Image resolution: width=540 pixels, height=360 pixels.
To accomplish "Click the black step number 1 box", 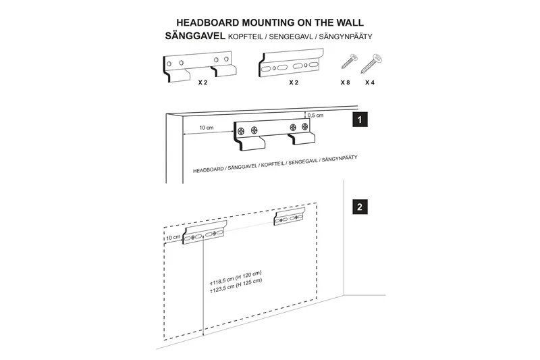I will [361, 121].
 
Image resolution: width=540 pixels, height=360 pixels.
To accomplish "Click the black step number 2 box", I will [361, 207].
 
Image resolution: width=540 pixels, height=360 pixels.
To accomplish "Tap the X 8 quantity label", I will [346, 82].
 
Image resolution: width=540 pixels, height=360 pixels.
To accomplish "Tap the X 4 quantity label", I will [370, 82].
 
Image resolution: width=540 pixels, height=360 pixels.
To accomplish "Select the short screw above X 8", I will [348, 63].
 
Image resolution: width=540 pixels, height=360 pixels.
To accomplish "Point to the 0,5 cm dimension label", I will [315, 115].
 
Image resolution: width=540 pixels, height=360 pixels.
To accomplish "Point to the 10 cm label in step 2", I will [173, 237].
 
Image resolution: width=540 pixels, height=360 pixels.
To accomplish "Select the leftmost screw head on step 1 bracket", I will [241, 130].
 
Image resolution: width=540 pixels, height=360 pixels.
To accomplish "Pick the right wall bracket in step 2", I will [290, 217].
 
